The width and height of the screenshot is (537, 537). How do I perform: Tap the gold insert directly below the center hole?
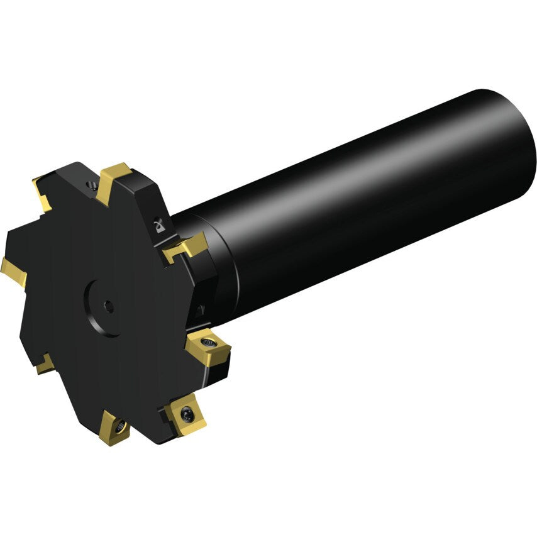point(116,429)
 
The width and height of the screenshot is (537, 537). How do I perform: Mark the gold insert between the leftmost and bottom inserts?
point(44,363)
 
